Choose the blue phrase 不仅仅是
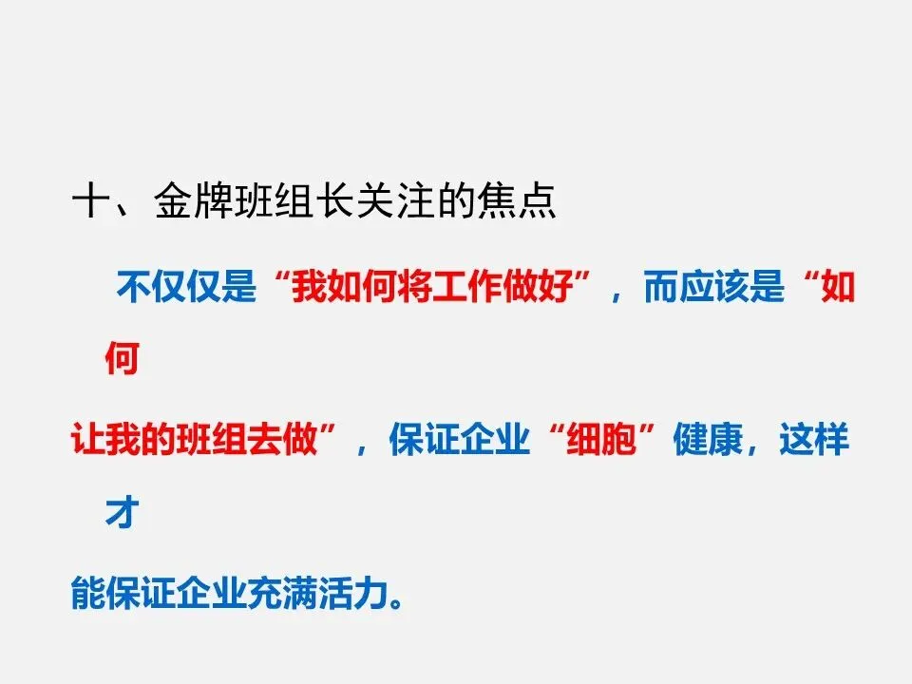point(186,287)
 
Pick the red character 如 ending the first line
point(838,287)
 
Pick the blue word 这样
point(814,442)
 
